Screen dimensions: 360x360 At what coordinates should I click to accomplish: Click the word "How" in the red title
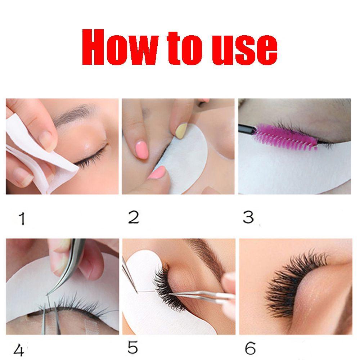coord(120,47)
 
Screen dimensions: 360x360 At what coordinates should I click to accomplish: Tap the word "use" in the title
coord(244,49)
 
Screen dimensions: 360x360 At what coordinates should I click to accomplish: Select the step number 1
coord(22,219)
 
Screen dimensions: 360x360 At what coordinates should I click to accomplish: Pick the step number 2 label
coord(134,217)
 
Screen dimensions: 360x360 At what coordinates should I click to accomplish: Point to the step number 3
coord(248,217)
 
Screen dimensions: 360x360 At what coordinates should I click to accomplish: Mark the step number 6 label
coord(250,348)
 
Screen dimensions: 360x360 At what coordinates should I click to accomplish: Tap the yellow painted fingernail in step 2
coord(181,130)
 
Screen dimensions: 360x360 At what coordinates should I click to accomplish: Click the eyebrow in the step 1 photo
coord(74,114)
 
